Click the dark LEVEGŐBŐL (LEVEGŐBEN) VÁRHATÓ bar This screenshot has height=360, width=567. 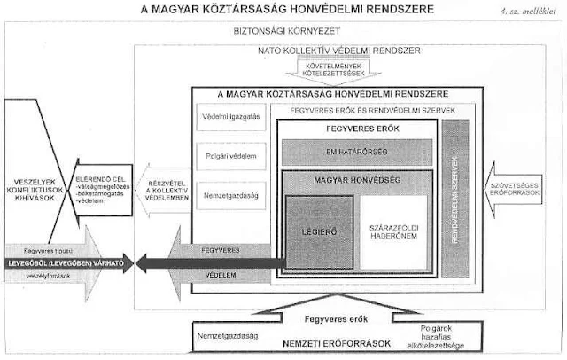64,262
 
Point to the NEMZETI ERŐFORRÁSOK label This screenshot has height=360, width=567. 319,340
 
